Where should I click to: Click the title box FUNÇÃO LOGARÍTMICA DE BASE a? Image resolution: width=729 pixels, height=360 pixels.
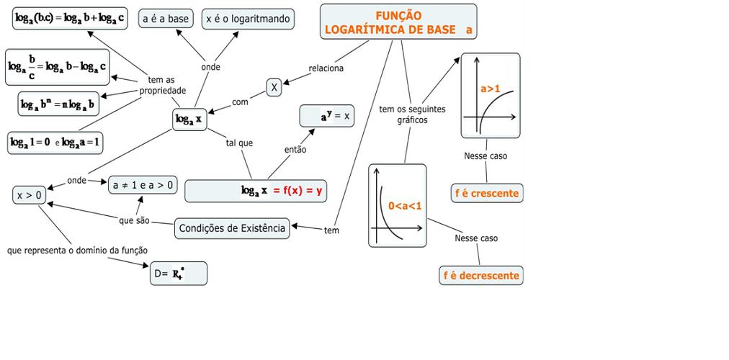pos(398,22)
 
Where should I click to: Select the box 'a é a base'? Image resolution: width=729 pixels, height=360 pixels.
pos(166,19)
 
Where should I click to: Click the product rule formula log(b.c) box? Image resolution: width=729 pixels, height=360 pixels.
pos(70,18)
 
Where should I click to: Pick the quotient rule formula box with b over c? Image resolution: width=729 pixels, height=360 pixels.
pos(58,68)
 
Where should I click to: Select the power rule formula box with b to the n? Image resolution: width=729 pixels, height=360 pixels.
pos(58,104)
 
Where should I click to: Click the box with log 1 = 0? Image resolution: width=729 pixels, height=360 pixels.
pos(55,143)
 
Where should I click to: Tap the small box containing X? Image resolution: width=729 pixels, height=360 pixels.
pos(274,87)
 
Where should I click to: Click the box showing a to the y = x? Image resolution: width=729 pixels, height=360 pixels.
pos(327,115)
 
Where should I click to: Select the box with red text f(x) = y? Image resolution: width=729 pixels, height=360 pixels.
pos(256,191)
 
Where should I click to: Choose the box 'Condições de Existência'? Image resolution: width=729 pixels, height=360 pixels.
pos(232,228)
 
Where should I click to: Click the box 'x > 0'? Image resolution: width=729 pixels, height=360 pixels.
pos(30,194)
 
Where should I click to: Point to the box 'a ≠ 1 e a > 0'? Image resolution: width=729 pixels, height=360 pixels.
pos(143,185)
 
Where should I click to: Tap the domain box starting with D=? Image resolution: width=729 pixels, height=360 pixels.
pos(178,273)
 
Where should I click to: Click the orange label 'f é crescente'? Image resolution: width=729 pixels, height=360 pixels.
pos(486,193)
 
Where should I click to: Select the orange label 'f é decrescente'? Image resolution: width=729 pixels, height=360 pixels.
pos(480,275)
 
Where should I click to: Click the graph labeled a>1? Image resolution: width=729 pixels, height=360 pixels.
pos(490,95)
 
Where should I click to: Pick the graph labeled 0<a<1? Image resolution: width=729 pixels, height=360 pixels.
pos(398,206)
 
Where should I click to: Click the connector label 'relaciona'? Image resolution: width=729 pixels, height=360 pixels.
pos(326,68)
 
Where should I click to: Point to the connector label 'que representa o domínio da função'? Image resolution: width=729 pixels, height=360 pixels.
pos(77,251)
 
